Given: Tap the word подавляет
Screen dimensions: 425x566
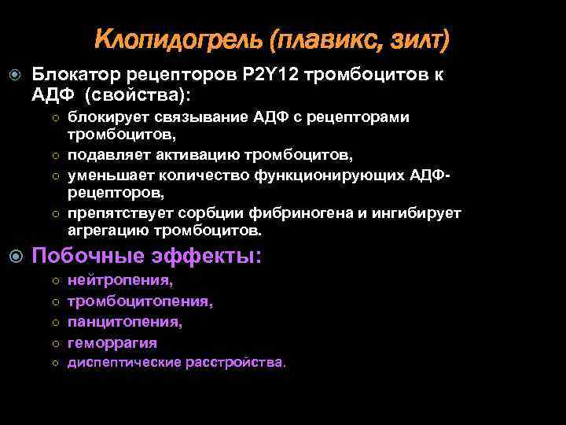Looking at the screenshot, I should (x=111, y=154).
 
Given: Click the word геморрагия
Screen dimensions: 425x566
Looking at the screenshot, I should (x=112, y=342).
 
